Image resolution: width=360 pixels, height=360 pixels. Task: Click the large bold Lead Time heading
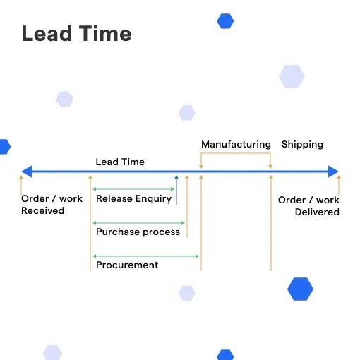pos(76,33)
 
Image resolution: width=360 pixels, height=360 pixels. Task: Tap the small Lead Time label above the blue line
pos(120,162)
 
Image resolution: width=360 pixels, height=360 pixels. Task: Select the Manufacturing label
pos(236,144)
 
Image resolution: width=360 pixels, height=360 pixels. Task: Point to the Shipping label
pos(302,144)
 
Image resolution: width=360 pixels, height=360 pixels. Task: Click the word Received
pos(42,210)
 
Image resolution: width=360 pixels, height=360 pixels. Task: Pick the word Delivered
pos(317,212)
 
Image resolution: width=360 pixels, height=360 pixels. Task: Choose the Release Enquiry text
pos(133,198)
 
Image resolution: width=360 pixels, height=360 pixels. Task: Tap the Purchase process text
pos(138,232)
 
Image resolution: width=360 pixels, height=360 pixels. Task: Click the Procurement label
pos(127,265)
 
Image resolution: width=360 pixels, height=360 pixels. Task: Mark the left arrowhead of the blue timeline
pos(26,172)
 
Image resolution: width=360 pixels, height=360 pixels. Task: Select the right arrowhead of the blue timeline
pos(334,172)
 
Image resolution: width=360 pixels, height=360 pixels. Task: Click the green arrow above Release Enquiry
pos(133,188)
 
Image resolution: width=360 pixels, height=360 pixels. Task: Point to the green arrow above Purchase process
pos(139,222)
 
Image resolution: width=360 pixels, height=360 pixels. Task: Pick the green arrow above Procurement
pos(146,256)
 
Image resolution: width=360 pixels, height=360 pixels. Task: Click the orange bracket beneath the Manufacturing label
pos(236,155)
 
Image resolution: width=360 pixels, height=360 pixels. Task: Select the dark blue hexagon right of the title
pos(225,21)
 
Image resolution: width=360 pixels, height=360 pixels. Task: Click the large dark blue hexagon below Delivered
pos(300,289)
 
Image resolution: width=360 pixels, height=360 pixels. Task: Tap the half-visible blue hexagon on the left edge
pos(4,147)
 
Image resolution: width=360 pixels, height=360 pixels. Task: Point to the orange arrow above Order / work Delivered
pos(339,185)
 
